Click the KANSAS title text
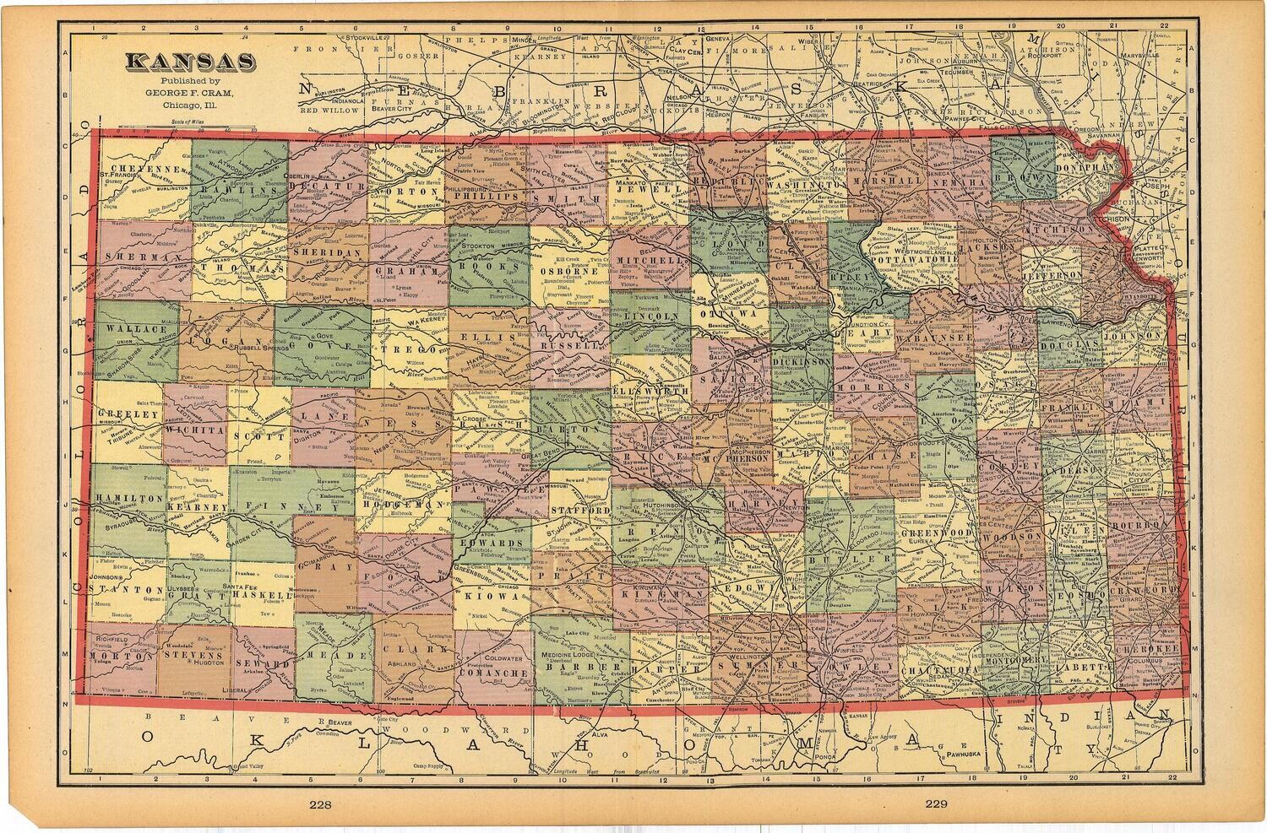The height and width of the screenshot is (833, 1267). click(191, 62)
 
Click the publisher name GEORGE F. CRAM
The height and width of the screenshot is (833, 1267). click(188, 93)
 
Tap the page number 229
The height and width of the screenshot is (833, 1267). click(938, 804)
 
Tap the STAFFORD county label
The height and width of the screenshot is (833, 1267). click(580, 511)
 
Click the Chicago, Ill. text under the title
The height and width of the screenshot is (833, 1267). click(188, 105)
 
